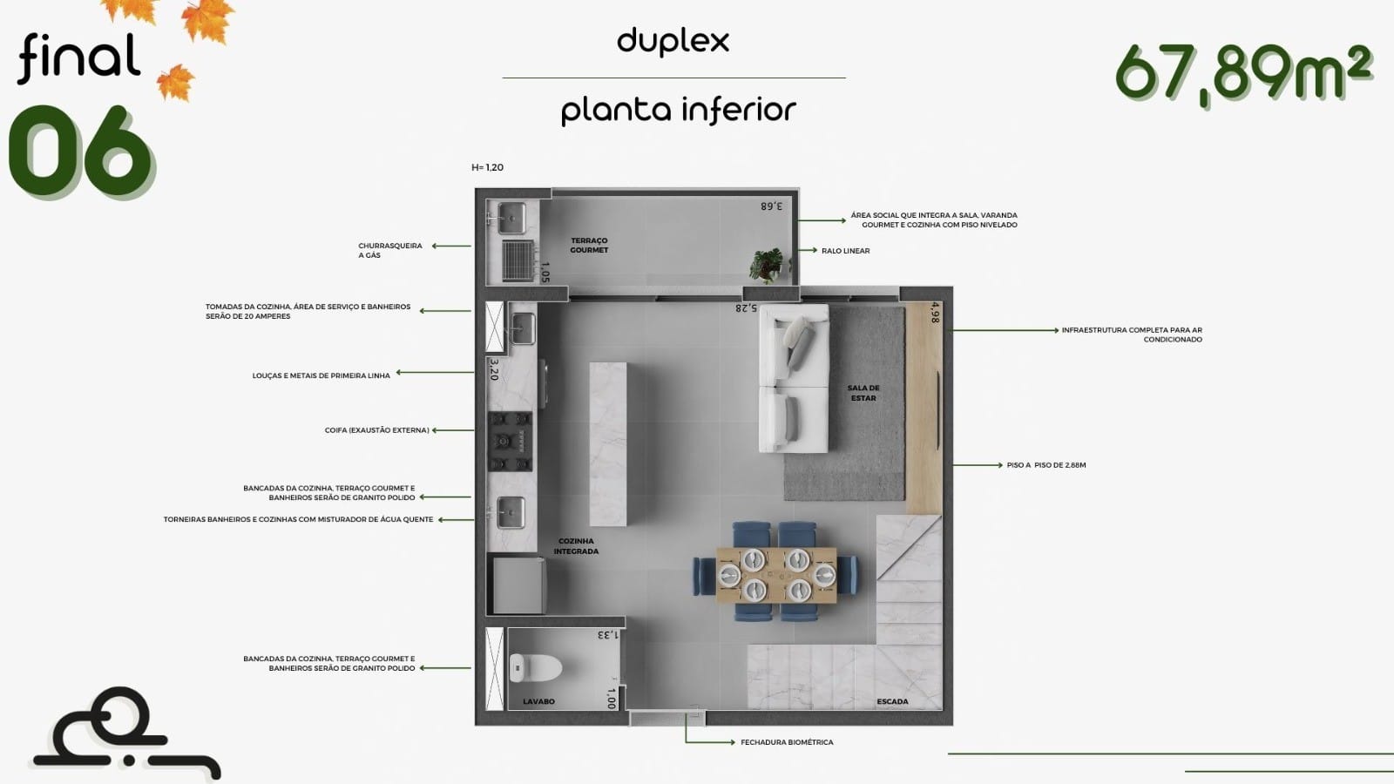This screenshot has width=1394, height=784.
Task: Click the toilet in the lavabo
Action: pos(535,667)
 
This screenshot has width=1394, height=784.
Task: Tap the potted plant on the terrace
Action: pos(767,265)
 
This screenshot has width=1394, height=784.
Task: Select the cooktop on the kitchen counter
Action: pos(511,441)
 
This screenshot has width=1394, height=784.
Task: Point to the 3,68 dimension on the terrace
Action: pos(771,206)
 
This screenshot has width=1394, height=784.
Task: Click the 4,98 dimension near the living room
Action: pos(934,313)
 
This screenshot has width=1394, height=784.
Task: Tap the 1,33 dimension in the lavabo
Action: pos(607,635)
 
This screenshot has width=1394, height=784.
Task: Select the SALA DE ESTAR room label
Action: pos(863,393)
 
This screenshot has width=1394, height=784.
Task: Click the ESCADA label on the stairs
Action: pos(892,701)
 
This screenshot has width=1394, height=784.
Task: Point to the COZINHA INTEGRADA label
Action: pos(576,546)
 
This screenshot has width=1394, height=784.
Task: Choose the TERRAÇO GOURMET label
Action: pos(589,245)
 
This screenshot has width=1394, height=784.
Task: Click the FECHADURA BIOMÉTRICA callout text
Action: pos(787,742)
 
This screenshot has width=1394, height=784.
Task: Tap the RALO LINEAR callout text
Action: pos(846,251)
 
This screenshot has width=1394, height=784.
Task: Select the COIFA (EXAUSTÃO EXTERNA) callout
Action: pos(376,430)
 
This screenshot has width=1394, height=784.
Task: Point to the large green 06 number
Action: pos(81,152)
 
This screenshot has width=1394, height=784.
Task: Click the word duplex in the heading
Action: pos(673,42)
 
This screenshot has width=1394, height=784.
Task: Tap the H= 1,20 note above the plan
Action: pos(487,167)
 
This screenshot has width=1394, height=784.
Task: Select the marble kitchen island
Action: pos(608,443)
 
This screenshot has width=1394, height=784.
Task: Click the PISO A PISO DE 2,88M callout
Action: pos(1046,465)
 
